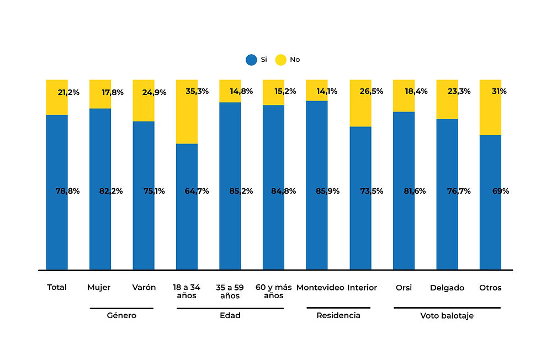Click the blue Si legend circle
(x=252, y=60)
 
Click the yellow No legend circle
(x=280, y=60)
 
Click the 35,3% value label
(x=198, y=92)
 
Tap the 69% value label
(x=500, y=192)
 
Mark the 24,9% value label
(x=154, y=92)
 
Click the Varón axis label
(x=144, y=288)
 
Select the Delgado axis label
(x=447, y=288)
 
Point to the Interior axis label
(x=362, y=288)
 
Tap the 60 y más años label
(x=273, y=292)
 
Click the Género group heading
(x=121, y=316)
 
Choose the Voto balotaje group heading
(x=447, y=316)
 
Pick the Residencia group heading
(x=338, y=316)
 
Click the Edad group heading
(x=230, y=316)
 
